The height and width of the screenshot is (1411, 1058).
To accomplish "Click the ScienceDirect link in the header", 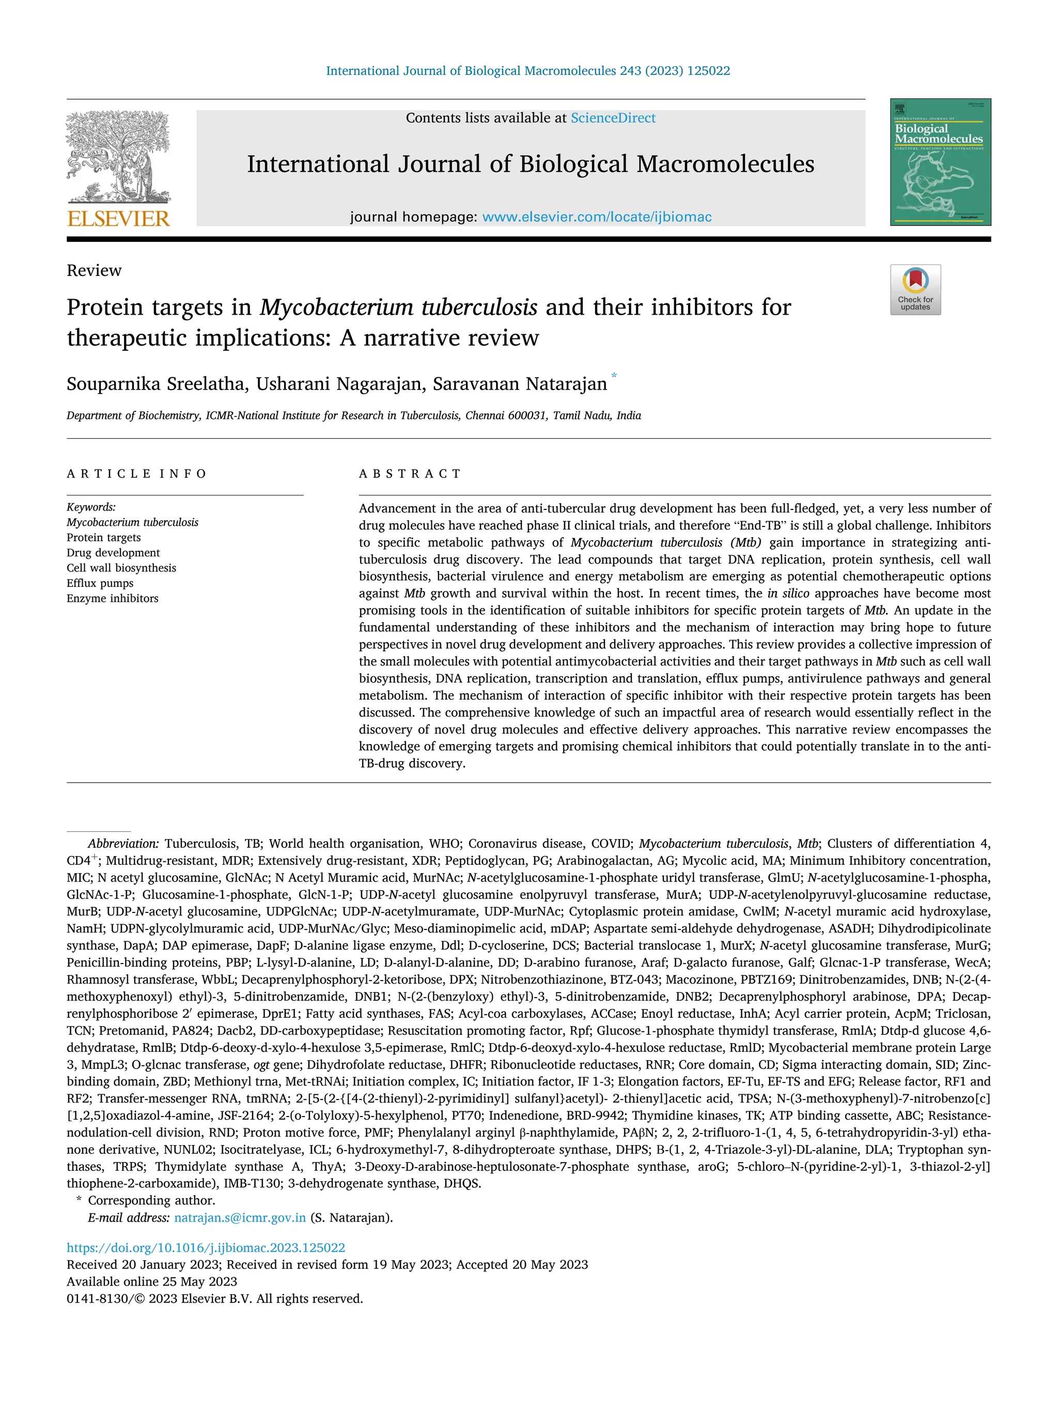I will (612, 118).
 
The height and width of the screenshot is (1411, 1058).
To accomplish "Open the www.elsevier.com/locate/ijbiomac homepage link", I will (596, 217).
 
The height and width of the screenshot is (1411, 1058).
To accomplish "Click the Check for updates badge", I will (914, 290).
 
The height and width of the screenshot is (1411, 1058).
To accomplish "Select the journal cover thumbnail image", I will (940, 162).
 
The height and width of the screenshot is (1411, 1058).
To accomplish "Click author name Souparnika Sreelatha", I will (155, 384).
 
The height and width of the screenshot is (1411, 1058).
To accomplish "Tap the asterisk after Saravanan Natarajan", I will (614, 376).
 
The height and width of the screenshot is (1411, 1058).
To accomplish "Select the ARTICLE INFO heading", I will (136, 473).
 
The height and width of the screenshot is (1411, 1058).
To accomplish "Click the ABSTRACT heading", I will (410, 473).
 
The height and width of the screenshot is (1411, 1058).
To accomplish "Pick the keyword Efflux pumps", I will (100, 583).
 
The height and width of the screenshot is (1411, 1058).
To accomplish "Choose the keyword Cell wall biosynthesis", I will (121, 568).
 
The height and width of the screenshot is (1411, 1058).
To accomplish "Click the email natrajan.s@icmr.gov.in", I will (240, 1217).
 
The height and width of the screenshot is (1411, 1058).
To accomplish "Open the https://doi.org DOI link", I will (206, 1248).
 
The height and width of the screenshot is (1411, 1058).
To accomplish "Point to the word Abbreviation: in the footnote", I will (123, 843).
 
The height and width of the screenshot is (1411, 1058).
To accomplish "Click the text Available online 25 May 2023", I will (152, 1281).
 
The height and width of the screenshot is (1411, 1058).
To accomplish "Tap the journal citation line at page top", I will (527, 71).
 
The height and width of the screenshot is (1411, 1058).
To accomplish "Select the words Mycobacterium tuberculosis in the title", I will (398, 307).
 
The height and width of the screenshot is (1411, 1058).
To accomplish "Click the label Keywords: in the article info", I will (91, 507).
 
